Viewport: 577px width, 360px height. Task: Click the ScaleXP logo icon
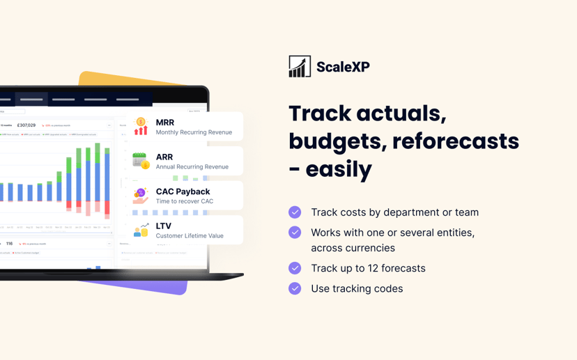click(x=300, y=66)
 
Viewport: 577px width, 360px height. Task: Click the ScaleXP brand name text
click(x=343, y=67)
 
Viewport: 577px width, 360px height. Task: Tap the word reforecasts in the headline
click(x=456, y=141)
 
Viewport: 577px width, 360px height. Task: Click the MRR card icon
click(x=141, y=126)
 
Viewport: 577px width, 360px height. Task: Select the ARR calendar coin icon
click(x=141, y=161)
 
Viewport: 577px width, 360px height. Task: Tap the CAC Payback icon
click(x=141, y=196)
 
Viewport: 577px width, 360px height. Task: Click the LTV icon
click(x=141, y=230)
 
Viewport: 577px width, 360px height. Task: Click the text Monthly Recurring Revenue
click(x=194, y=132)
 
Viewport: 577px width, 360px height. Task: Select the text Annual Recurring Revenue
click(x=192, y=167)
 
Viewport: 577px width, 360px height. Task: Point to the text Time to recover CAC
click(x=184, y=201)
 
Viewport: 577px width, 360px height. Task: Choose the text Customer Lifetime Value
click(x=190, y=236)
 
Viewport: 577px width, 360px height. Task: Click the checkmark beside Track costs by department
click(x=295, y=212)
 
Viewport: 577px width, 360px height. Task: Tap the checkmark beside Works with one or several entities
click(x=295, y=233)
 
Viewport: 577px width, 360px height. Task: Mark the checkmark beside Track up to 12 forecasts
click(x=295, y=268)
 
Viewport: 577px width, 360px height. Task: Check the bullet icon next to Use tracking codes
click(x=295, y=288)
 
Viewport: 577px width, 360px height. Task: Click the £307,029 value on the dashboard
click(x=26, y=125)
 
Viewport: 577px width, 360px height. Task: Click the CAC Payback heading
click(x=183, y=191)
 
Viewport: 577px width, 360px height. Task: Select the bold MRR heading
click(x=165, y=123)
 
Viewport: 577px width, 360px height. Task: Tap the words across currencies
click(x=353, y=248)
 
